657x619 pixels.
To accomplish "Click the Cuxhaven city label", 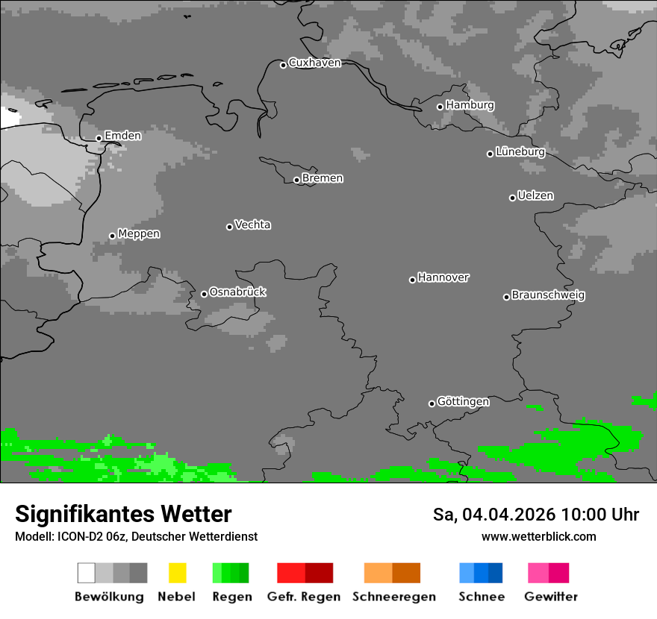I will click(x=314, y=63).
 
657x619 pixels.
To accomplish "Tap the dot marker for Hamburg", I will click(x=440, y=107).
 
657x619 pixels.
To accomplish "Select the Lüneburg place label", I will click(x=520, y=152).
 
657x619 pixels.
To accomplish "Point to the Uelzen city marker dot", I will click(x=512, y=198).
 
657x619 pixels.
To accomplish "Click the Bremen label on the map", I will click(x=323, y=178).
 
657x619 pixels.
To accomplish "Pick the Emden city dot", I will click(x=99, y=138).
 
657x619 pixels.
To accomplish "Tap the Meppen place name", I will click(x=139, y=234).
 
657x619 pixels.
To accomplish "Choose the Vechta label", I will click(x=252, y=225).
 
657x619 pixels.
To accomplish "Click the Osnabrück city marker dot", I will click(x=204, y=294).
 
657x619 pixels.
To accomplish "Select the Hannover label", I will click(x=443, y=277).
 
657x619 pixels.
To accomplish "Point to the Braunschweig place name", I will click(x=548, y=295).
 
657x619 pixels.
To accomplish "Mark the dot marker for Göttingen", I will click(x=432, y=403).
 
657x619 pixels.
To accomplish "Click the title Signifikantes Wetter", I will click(x=123, y=514).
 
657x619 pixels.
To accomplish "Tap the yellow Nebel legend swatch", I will click(x=177, y=573).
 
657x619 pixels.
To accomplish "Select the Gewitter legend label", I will click(x=551, y=597).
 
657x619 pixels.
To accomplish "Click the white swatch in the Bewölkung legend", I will click(x=86, y=573).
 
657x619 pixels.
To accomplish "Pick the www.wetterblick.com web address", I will click(x=538, y=536).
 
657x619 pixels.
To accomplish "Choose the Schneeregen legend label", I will click(x=394, y=597).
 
